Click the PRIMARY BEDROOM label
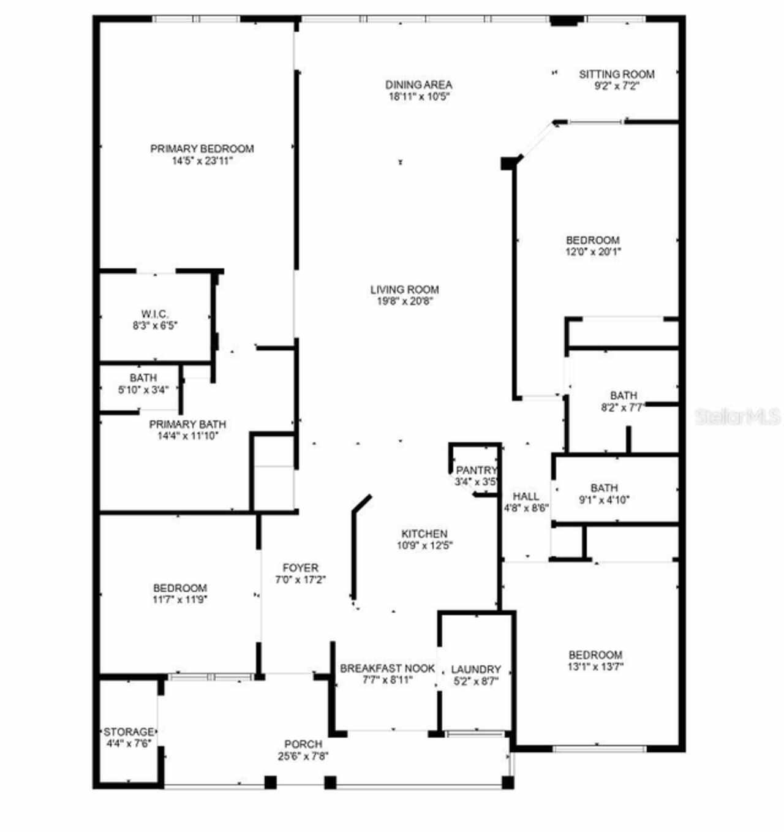coord(202,149)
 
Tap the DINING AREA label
coord(418,85)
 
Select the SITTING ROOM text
coord(617,74)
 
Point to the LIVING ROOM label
coord(405,289)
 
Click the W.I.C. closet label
coord(155,314)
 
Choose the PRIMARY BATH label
coord(187,425)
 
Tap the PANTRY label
coord(476,470)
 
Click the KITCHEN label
coord(424,534)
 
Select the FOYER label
coord(301,568)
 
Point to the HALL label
coord(526,496)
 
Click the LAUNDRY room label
coord(476,670)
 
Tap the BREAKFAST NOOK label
coord(388,668)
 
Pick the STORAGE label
coord(129,732)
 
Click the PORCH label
coord(303,744)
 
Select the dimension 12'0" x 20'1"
coord(593,251)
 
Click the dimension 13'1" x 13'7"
coord(595,667)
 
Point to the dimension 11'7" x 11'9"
coord(180,599)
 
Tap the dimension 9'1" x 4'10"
coord(605,499)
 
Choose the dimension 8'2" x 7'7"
coord(622,407)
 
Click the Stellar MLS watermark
coord(738,417)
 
